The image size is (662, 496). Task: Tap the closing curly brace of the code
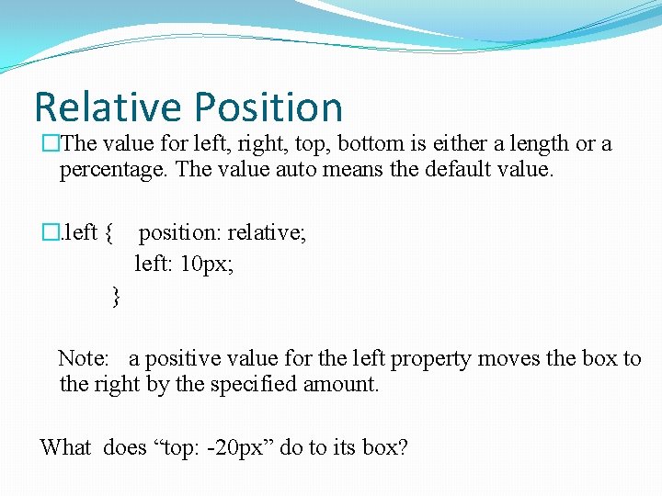pyautogui.click(x=115, y=296)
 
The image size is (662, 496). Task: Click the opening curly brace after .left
pyautogui.click(x=109, y=233)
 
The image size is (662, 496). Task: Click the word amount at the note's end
pyautogui.click(x=344, y=384)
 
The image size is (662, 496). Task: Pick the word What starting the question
pyautogui.click(x=65, y=447)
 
